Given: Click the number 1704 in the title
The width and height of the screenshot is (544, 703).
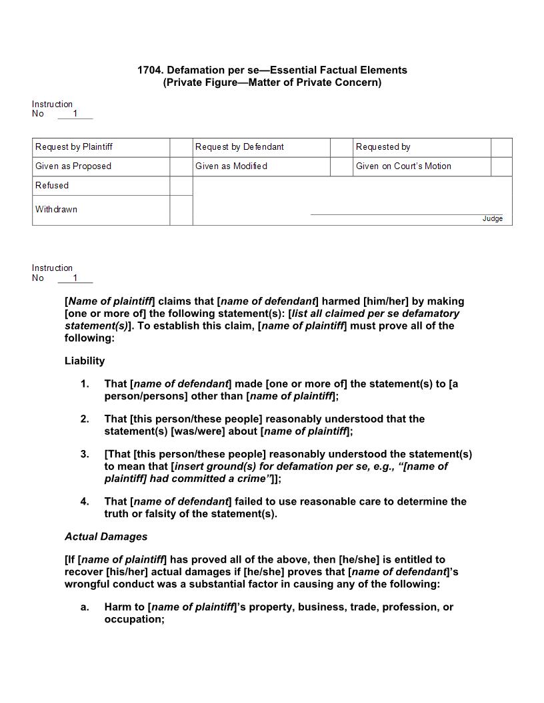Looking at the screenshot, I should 150,70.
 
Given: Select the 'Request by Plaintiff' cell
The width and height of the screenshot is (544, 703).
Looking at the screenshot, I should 74,147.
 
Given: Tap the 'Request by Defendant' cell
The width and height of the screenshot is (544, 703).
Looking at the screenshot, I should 239,147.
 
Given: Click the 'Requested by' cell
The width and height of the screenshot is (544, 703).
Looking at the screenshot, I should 383,147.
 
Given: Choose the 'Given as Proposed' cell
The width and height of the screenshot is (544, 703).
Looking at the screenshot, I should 73,166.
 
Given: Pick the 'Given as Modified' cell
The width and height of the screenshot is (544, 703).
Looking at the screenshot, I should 231,166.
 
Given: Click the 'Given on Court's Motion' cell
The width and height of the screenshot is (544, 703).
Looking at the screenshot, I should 403,166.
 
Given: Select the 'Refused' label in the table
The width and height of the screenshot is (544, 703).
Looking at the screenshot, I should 52,186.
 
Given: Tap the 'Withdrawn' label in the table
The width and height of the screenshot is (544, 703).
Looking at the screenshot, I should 56,210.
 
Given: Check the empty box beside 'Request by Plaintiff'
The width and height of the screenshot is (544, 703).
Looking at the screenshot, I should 181,147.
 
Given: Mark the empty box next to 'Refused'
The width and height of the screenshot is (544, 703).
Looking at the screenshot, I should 181,186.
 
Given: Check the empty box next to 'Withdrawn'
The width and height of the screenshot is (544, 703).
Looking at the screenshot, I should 181,210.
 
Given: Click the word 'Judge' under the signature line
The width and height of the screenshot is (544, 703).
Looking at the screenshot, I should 493,219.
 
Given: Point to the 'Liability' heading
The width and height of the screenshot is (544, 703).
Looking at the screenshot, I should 85,361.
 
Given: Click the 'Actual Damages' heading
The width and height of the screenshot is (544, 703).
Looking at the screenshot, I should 106,537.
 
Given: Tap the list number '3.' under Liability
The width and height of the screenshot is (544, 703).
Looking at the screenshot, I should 85,454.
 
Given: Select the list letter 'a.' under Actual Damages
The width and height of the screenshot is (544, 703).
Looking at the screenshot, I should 85,607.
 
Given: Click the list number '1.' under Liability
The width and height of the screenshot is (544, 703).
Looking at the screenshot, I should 85,384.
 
